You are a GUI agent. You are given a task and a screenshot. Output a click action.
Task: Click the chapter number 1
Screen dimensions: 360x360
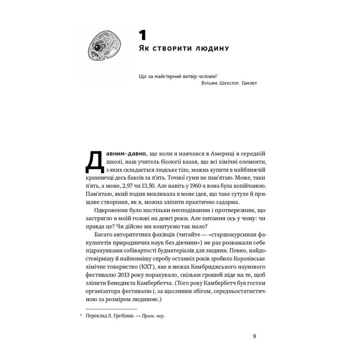click(142, 35)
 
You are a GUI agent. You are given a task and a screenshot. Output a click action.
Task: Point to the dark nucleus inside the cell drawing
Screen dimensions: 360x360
click(97, 48)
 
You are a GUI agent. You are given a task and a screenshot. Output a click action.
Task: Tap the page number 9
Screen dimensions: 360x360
click(254, 336)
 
